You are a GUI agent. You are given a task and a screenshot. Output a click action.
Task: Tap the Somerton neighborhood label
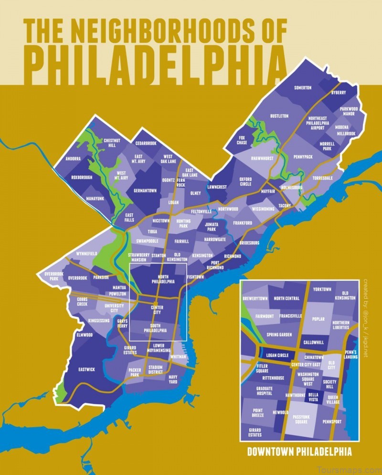(302, 88)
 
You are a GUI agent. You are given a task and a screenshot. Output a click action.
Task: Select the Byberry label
(338, 93)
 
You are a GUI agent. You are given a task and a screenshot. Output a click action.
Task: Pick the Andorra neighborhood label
(73, 158)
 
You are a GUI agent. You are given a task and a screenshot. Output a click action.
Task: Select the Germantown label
(145, 190)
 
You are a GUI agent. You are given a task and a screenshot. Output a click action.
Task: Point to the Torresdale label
(322, 178)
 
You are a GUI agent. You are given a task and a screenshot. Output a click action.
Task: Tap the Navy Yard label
(173, 379)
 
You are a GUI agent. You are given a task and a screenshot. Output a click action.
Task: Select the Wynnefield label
(86, 253)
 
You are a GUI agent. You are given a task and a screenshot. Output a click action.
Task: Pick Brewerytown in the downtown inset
(256, 298)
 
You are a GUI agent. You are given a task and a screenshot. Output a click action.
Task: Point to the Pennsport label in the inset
(332, 422)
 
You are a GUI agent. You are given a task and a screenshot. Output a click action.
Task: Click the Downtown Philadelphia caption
(299, 451)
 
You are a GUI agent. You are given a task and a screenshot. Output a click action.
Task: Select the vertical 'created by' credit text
(365, 317)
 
